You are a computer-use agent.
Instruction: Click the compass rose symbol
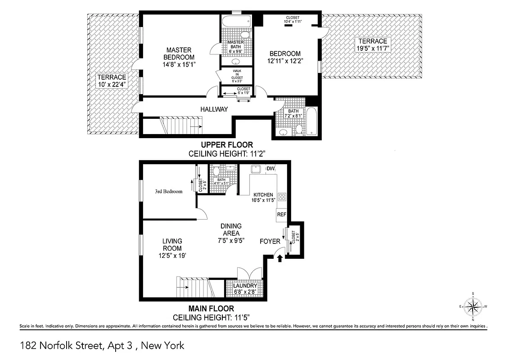point(473,307)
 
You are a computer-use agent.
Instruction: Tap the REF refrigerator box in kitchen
point(281,215)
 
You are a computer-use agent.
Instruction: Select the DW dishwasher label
point(270,169)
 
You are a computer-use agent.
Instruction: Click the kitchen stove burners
point(282,197)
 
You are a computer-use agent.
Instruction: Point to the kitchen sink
point(256,170)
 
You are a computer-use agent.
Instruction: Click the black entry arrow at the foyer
point(279,258)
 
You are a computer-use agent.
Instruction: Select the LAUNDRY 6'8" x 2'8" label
point(245,288)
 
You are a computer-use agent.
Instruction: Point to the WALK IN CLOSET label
point(237,75)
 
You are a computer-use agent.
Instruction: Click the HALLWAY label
point(214,109)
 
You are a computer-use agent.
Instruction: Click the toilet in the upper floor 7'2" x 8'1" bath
point(299,130)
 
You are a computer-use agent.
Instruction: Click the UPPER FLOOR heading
point(227,145)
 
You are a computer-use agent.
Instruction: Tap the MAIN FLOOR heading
point(212,309)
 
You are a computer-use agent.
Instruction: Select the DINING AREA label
point(231,230)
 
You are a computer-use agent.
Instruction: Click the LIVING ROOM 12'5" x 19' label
point(172,248)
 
